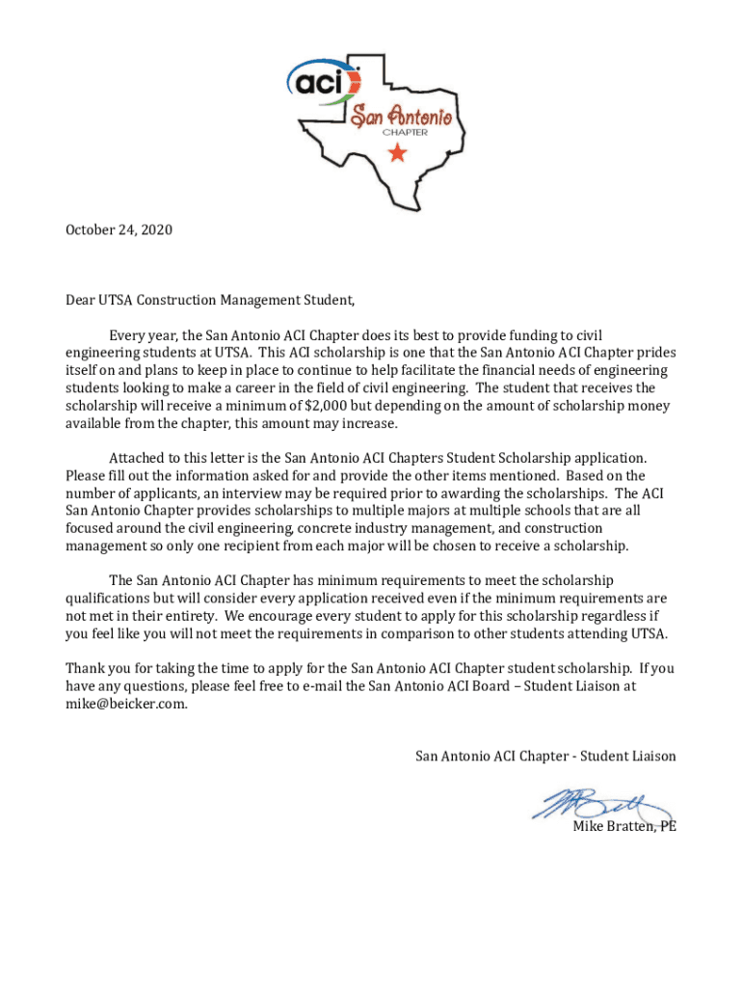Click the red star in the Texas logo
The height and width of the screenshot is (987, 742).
tap(396, 153)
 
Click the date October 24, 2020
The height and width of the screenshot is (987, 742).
tap(119, 230)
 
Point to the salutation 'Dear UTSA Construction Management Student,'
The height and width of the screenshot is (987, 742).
tap(210, 300)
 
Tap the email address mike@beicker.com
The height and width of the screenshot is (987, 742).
tap(126, 704)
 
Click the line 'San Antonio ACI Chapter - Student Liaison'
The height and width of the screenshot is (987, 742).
tap(545, 757)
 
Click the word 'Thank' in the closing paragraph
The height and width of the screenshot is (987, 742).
tap(86, 668)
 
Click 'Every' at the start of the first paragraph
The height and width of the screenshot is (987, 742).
tap(128, 335)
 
